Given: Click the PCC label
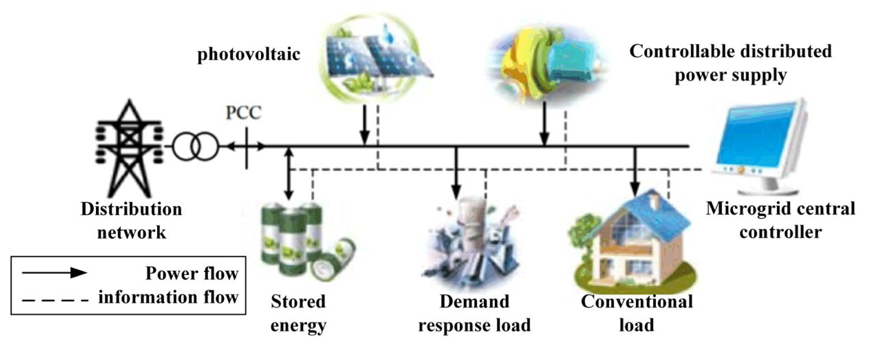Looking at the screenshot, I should point(244,113).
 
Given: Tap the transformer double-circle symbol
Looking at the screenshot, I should point(195,147).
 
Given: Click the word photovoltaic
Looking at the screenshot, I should point(249,54).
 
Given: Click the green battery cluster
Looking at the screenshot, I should point(303,241).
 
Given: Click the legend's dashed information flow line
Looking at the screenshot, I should point(55,301).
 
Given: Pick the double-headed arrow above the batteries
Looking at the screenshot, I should point(289,174).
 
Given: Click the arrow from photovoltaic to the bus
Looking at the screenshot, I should point(365,126).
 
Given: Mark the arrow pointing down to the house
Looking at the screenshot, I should point(635,172).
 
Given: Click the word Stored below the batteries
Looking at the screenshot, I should point(298,302).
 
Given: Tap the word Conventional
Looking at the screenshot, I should point(637,302).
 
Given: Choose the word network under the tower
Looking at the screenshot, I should point(131,232).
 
